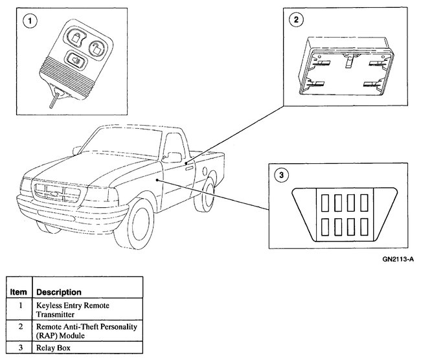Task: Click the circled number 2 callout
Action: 296,20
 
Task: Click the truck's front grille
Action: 59,192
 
